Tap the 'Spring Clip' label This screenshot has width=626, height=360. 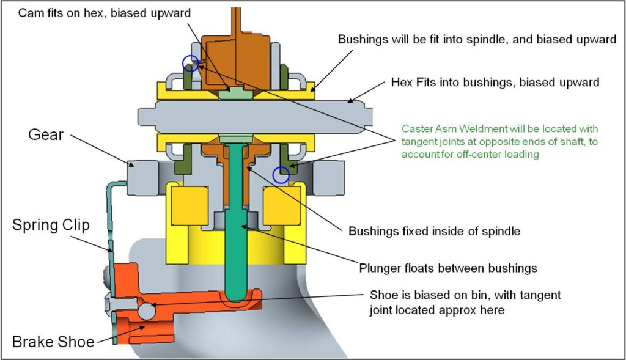51,225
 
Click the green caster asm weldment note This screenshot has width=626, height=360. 499,142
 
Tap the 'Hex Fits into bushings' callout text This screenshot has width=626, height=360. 495,81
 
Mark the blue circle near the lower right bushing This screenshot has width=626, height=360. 281,175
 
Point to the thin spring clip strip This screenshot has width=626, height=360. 110,244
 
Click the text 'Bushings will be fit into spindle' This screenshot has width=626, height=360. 476,40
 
